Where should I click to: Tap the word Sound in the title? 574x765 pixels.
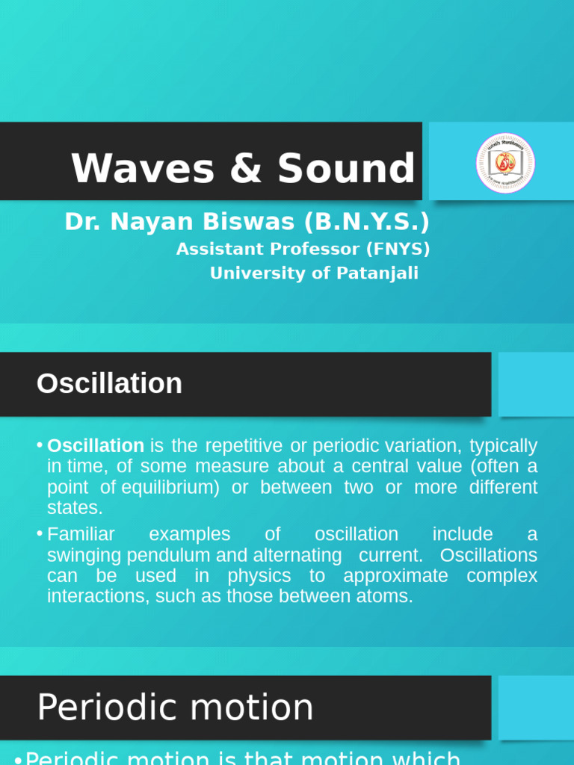coord(346,169)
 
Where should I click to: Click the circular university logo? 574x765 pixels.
coord(505,163)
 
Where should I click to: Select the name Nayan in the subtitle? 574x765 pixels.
coord(150,223)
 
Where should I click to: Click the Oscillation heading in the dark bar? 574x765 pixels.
coord(109,384)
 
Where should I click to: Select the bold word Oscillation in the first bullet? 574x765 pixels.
coord(96,446)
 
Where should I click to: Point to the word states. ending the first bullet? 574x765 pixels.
coord(74,508)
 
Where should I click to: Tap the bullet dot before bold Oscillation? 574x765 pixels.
coord(39,446)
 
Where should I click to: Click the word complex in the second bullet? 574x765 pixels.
coord(502,576)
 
